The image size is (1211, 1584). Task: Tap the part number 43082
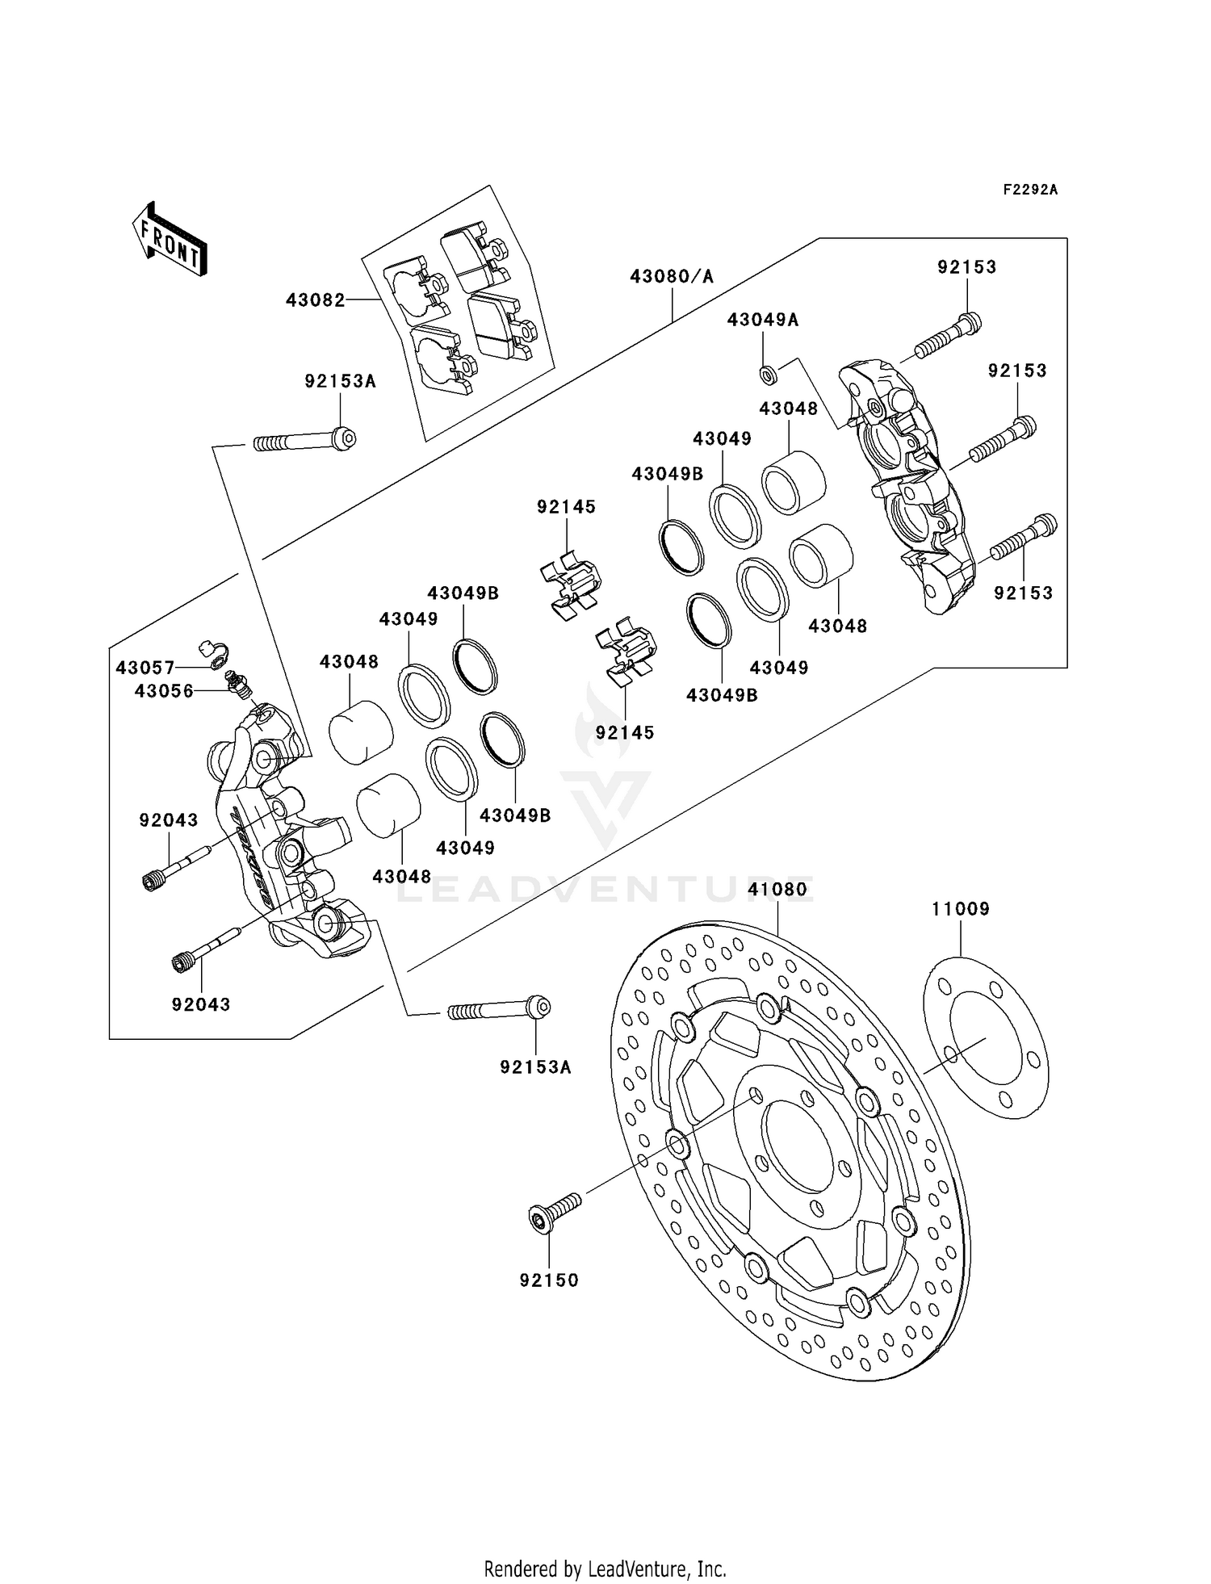click(315, 300)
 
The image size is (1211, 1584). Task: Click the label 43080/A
click(672, 276)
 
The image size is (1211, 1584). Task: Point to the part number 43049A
click(762, 320)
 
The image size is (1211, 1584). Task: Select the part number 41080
click(777, 890)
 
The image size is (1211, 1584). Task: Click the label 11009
click(960, 909)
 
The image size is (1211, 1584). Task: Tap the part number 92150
click(549, 1280)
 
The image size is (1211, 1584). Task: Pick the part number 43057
click(145, 668)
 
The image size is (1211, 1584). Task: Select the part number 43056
click(164, 691)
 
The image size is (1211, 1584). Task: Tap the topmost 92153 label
click(966, 267)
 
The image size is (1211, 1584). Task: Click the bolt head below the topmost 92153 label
click(971, 324)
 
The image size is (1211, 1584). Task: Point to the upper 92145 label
click(566, 507)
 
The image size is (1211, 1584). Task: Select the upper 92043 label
click(168, 820)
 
